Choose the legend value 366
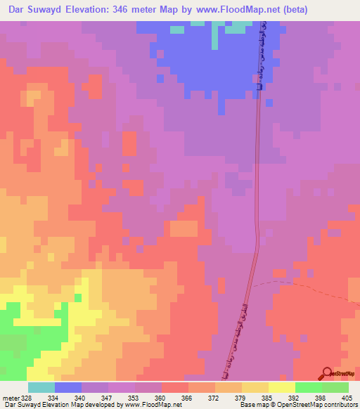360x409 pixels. pos(188,398)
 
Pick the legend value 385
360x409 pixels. pos(269,398)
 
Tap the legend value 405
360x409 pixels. pos(348,398)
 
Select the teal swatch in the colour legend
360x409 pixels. pos(41,387)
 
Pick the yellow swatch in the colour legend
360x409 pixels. pos(281,387)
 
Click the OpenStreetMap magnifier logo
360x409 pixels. pos(327,374)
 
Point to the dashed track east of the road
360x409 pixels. pos(309,287)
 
